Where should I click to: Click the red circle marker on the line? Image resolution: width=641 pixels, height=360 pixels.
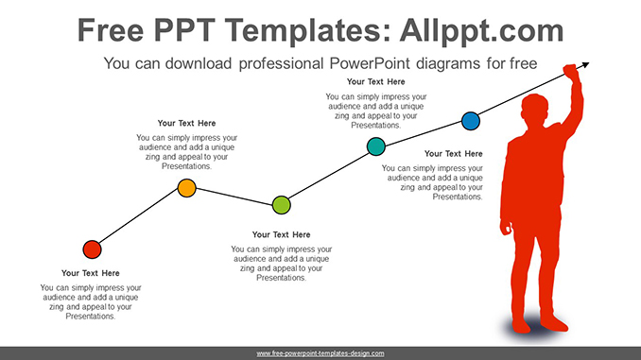coord(92,249)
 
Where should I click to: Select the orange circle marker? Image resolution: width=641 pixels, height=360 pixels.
coord(187,188)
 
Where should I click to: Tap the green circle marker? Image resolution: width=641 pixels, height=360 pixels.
coord(281,204)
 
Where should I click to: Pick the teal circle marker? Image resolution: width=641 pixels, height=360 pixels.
coord(375,146)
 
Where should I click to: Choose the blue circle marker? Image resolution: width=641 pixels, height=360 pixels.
coord(470,121)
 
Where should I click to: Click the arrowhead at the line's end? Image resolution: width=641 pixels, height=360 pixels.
coord(586,65)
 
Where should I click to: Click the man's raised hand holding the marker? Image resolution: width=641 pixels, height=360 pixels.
coord(569,71)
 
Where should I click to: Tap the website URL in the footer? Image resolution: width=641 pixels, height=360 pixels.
coord(320,352)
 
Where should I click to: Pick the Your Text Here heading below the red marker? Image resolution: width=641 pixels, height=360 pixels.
coord(91,273)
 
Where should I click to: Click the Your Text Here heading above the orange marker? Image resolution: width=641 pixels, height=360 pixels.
coord(186,123)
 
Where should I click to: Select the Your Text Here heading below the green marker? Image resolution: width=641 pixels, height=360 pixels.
coord(281,234)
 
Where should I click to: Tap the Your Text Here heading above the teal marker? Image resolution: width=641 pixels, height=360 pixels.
coord(375,81)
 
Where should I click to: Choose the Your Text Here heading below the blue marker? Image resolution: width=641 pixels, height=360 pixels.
coord(453,153)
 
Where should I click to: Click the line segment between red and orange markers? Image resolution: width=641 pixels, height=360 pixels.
coord(139,219)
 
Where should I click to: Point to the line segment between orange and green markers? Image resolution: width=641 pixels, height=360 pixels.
coord(234,196)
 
